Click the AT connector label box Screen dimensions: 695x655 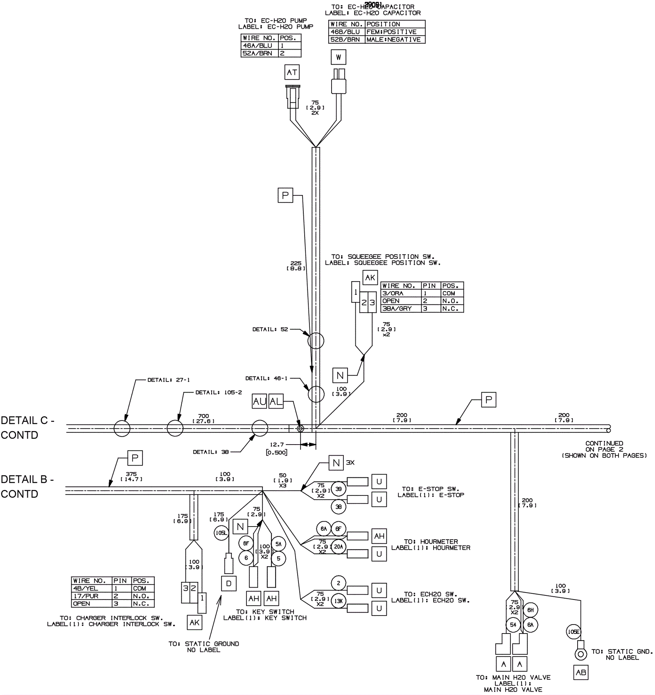click(292, 72)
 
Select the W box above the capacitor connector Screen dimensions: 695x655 click(338, 57)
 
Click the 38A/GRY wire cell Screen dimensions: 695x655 click(400, 309)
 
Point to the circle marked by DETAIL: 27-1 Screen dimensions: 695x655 click(122, 429)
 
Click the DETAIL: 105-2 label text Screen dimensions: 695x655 click(218, 393)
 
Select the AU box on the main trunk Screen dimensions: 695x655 click(260, 402)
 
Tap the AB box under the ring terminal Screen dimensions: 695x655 click(580, 672)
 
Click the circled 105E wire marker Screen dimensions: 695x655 click(574, 632)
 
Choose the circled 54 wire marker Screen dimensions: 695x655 click(513, 625)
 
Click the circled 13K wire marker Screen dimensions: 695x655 click(339, 601)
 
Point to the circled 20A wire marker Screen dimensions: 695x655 click(338, 547)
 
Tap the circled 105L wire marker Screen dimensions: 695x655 click(221, 533)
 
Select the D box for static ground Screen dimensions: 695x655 click(228, 584)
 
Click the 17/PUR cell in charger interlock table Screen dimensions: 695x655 click(91, 596)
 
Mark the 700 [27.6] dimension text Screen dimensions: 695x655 click(203, 418)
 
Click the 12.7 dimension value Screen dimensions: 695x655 click(277, 445)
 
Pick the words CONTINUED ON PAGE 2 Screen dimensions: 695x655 click(604, 446)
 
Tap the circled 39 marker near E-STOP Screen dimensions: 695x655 click(339, 489)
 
